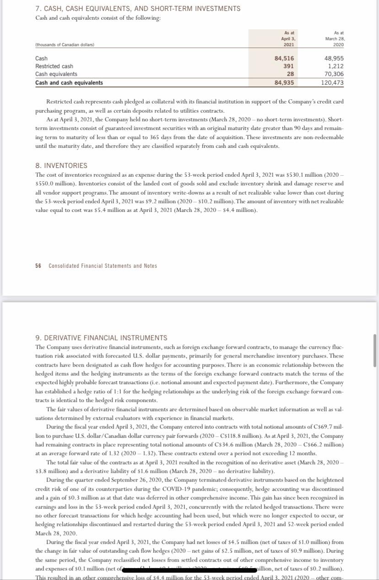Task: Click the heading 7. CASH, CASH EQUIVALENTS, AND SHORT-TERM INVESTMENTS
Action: tap(137, 9)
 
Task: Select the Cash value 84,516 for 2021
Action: tap(284, 59)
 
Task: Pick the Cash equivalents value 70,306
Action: tap(334, 74)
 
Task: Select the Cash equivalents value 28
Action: tap(290, 74)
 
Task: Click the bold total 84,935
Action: tap(284, 83)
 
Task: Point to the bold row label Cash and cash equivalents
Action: tap(69, 83)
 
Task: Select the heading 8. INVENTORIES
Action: tap(61, 165)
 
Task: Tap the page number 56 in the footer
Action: tap(38, 266)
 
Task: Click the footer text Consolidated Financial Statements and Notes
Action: tap(103, 266)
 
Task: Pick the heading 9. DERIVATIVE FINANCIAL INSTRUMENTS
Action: tap(101, 338)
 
